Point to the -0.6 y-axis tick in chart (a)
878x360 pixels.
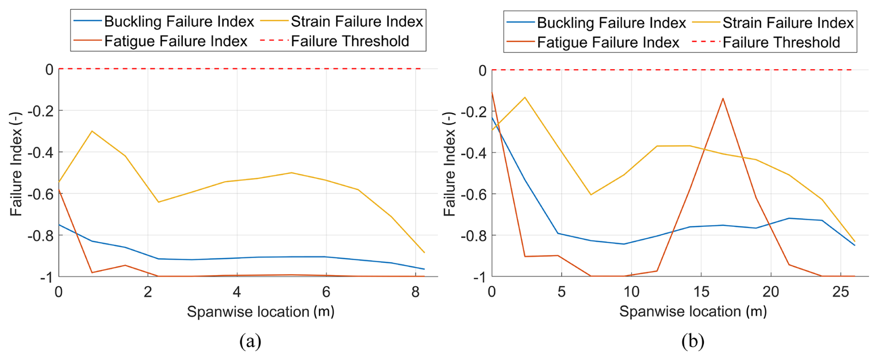pyautogui.click(x=40, y=194)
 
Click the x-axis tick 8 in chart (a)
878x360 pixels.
pyautogui.click(x=415, y=292)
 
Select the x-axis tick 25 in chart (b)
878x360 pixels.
pyautogui.click(x=840, y=292)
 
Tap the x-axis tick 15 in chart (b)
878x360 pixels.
pyautogui.click(x=701, y=292)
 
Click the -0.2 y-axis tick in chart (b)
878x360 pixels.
pyautogui.click(x=473, y=112)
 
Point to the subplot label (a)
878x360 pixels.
pyautogui.click(x=250, y=341)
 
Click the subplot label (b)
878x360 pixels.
pyautogui.click(x=693, y=341)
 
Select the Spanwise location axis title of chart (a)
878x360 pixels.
pyautogui.click(x=260, y=312)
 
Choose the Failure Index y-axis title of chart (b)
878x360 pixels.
pyautogui.click(x=449, y=164)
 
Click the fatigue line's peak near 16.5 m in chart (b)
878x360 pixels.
pyautogui.click(x=723, y=98)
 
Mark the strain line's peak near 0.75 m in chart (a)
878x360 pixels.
pyautogui.click(x=92, y=131)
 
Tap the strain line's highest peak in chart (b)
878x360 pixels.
pyautogui.click(x=525, y=97)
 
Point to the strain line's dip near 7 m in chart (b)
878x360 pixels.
pyautogui.click(x=591, y=194)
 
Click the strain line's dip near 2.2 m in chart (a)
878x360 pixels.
pyautogui.click(x=158, y=202)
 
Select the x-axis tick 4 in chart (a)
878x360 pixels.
pyautogui.click(x=237, y=292)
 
